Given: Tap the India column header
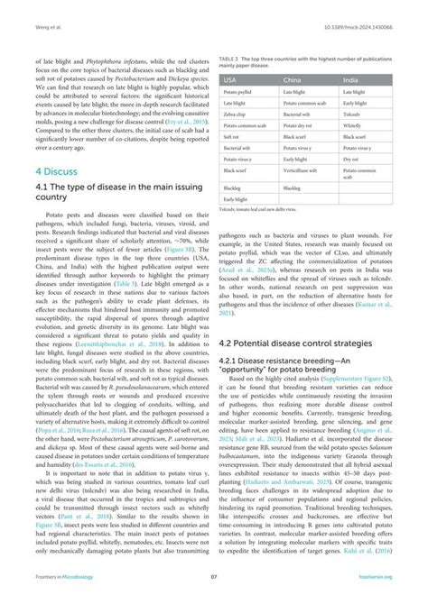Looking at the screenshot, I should (x=355, y=79).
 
